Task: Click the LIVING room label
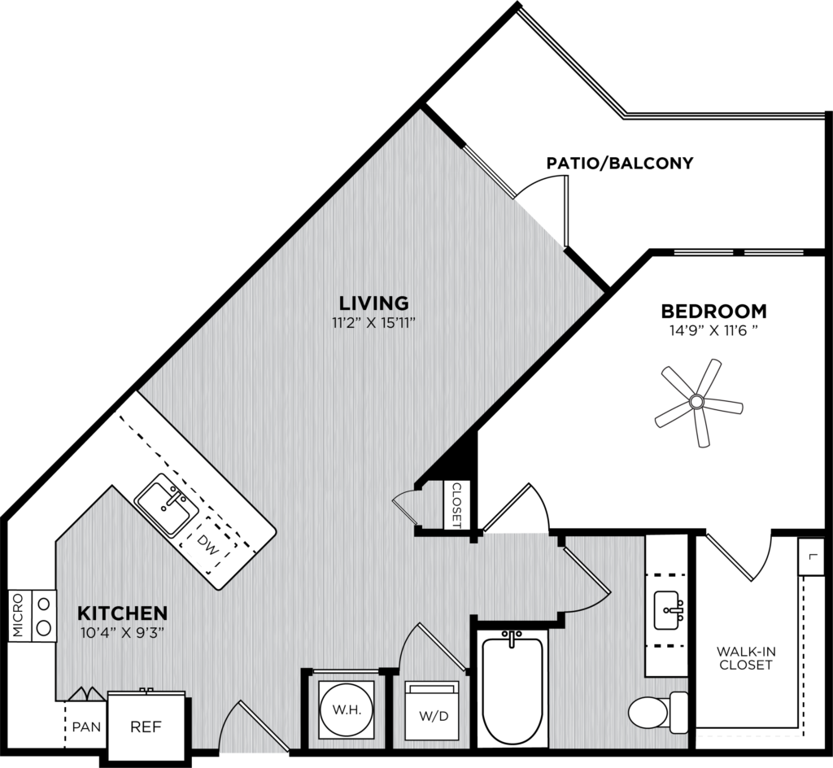click(x=373, y=303)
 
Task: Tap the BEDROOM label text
click(x=713, y=311)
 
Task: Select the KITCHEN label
click(x=123, y=612)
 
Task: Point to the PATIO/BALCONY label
click(x=620, y=163)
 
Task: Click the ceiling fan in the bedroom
click(x=697, y=402)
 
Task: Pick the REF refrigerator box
click(x=147, y=726)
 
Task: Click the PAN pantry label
click(x=86, y=726)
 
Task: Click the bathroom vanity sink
click(x=669, y=606)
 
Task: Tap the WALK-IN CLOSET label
click(x=744, y=657)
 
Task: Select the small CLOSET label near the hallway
click(x=456, y=505)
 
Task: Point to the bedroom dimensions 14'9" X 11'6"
click(x=713, y=330)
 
